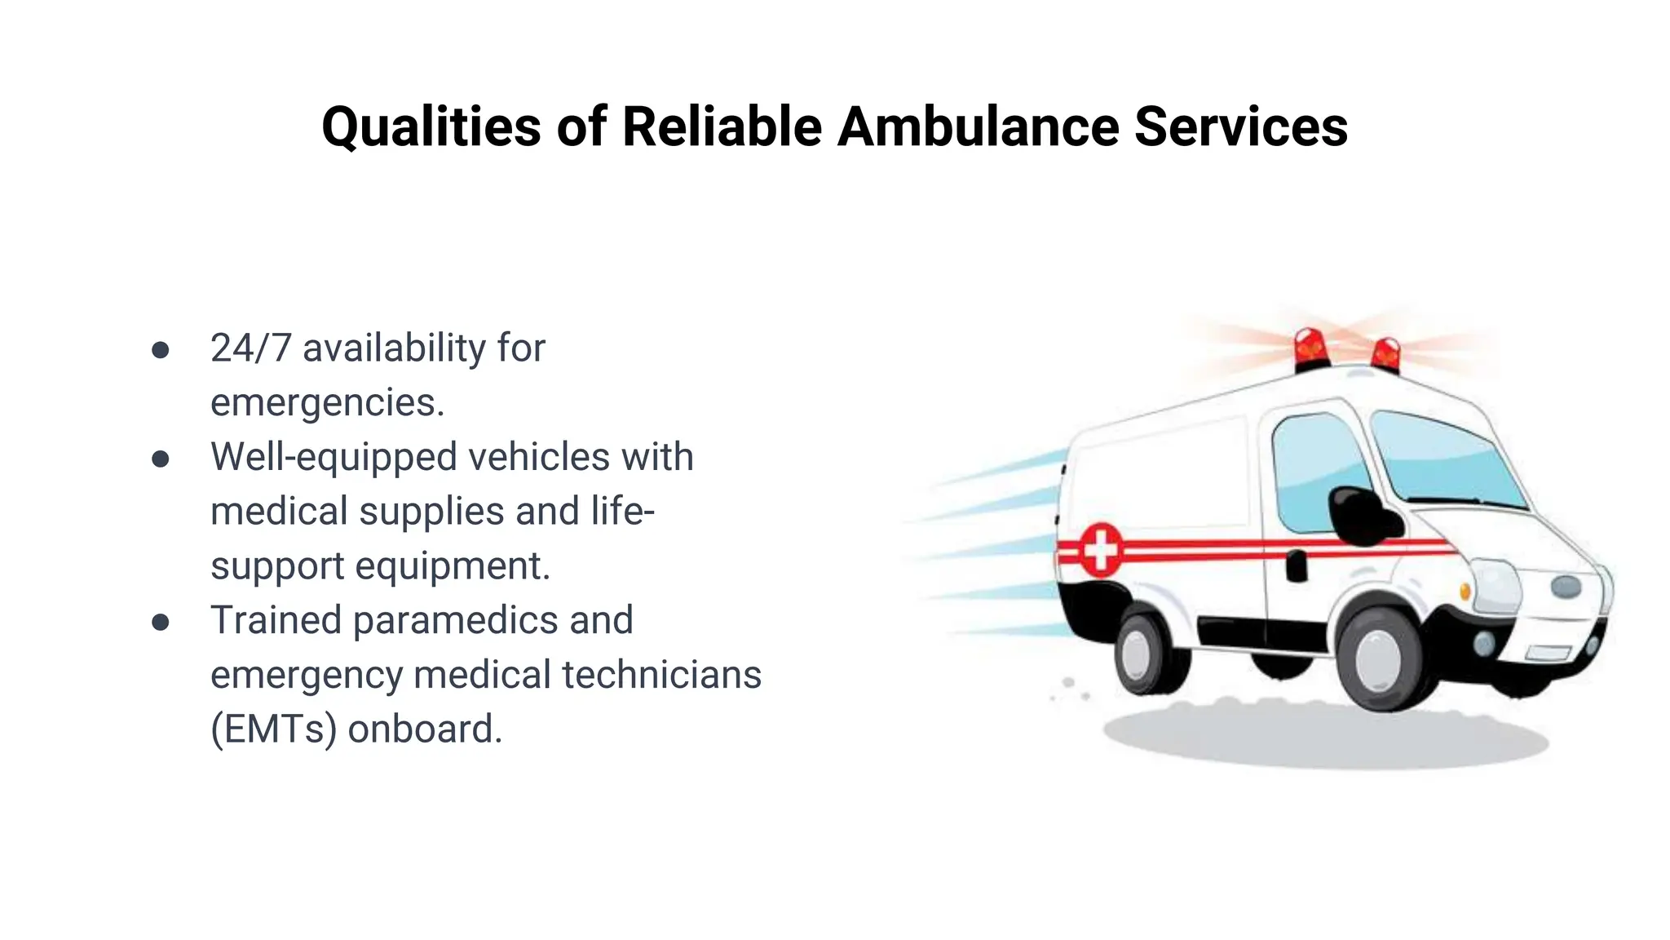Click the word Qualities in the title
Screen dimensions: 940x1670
pyautogui.click(x=431, y=126)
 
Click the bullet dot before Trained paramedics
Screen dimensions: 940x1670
pyautogui.click(x=161, y=623)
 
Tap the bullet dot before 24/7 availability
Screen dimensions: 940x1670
pyautogui.click(x=161, y=350)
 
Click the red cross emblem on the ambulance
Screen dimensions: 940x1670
pyautogui.click(x=1101, y=550)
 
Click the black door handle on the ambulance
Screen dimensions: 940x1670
pyautogui.click(x=1297, y=565)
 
